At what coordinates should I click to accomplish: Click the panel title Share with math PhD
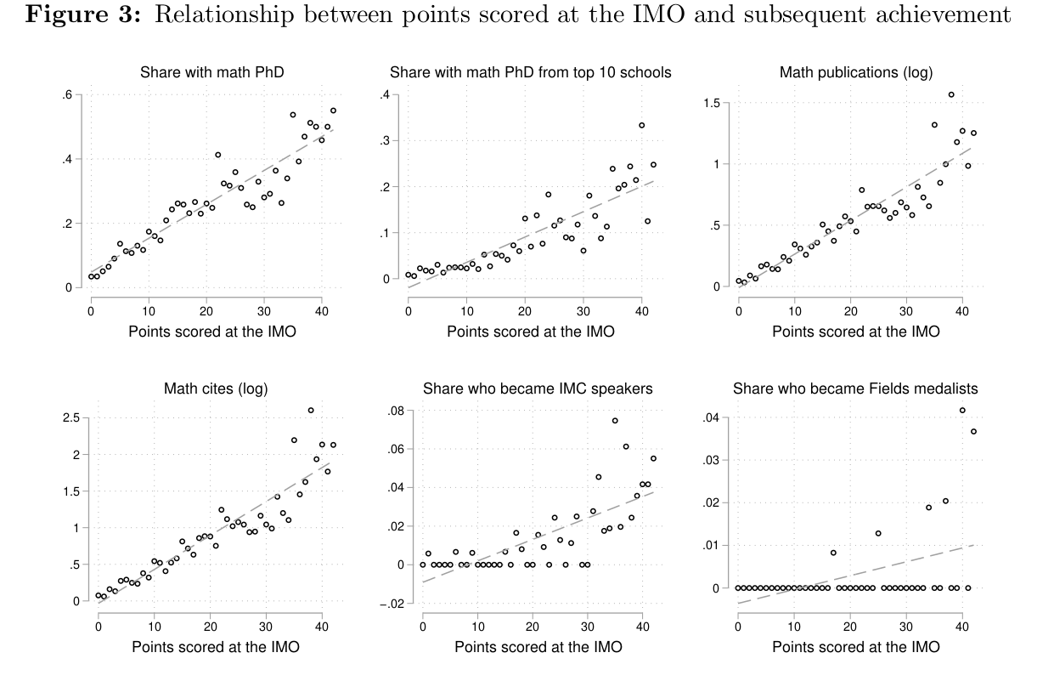211,73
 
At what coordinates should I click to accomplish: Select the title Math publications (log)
855,73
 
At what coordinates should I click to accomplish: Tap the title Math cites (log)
215,389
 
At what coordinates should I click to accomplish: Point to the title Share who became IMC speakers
538,389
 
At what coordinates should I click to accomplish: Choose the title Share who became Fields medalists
855,389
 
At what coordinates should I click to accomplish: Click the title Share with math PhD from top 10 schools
531,73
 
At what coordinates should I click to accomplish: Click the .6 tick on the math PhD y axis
67,95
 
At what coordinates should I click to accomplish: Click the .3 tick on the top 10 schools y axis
387,141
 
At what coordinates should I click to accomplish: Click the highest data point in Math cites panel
311,411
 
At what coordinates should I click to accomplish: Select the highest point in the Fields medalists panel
962,411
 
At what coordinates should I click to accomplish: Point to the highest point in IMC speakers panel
615,421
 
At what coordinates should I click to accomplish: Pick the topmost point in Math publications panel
951,95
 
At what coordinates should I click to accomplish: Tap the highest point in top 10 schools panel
641,126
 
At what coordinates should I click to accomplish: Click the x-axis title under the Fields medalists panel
855,647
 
